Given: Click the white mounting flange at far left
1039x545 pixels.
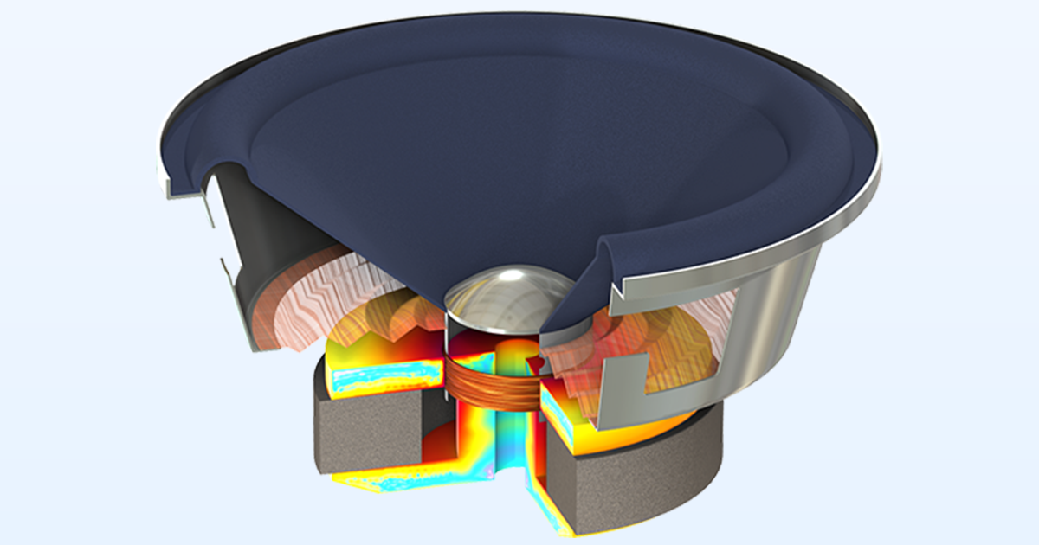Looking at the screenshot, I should (166, 187).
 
